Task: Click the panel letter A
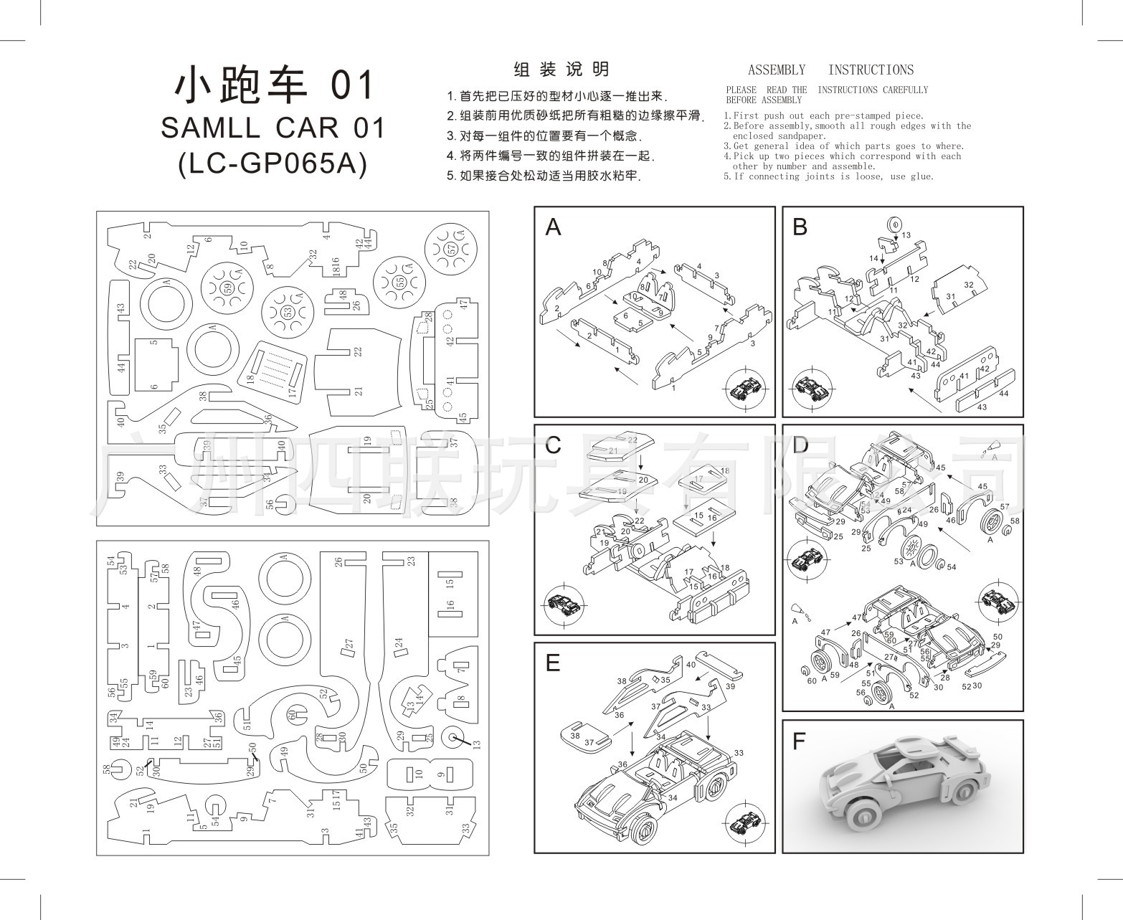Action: click(553, 227)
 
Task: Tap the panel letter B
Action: click(800, 227)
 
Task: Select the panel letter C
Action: click(553, 445)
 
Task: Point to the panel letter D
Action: click(801, 445)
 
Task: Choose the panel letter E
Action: click(552, 663)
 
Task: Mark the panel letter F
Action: click(800, 741)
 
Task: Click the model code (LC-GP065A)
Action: click(273, 164)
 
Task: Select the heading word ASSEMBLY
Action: click(777, 70)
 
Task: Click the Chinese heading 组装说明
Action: click(561, 70)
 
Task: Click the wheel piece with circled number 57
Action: click(451, 249)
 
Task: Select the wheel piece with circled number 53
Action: click(288, 313)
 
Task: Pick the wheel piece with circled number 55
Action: click(400, 282)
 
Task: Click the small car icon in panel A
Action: click(746, 391)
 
